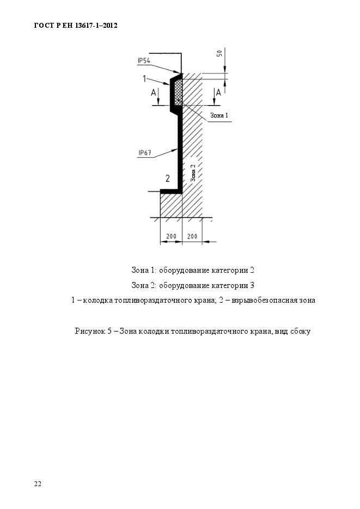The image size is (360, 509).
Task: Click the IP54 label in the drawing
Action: (x=144, y=60)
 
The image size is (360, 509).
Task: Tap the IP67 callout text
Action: (x=144, y=153)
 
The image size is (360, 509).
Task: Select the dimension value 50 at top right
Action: (x=219, y=53)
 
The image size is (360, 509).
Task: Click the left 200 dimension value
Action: (x=170, y=236)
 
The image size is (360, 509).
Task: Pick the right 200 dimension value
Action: (x=192, y=236)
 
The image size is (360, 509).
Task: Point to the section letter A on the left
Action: (x=154, y=94)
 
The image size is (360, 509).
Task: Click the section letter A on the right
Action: (x=218, y=93)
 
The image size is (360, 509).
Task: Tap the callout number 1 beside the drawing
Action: (x=144, y=79)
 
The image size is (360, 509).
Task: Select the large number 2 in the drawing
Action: (x=168, y=178)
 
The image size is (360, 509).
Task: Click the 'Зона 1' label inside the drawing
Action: (x=219, y=115)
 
